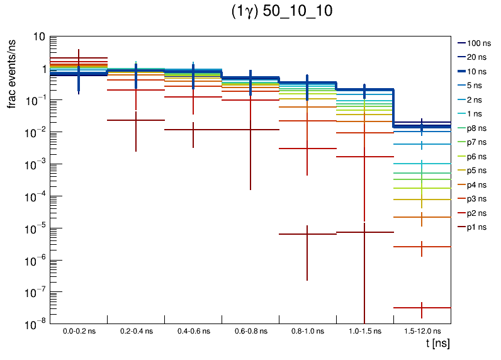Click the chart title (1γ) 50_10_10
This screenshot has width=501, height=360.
tap(283, 12)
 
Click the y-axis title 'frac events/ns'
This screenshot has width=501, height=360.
tap(12, 72)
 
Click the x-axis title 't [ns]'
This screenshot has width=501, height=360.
tap(437, 344)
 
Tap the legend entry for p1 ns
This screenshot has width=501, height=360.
tap(476, 227)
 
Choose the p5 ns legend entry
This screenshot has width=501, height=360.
tap(476, 171)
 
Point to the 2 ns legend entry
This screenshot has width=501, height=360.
tap(476, 99)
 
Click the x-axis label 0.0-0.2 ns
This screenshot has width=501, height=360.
tap(79, 331)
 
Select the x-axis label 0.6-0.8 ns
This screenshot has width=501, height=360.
tap(250, 331)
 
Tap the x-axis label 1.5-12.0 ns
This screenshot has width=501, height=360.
tap(422, 331)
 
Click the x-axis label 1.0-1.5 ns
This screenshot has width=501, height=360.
tap(364, 331)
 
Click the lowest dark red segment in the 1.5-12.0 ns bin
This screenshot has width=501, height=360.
tap(422, 308)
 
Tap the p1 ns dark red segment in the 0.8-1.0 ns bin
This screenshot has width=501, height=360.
tap(307, 234)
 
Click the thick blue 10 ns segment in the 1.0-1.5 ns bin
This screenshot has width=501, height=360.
tap(364, 90)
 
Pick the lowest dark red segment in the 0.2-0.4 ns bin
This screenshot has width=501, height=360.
tap(136, 120)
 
